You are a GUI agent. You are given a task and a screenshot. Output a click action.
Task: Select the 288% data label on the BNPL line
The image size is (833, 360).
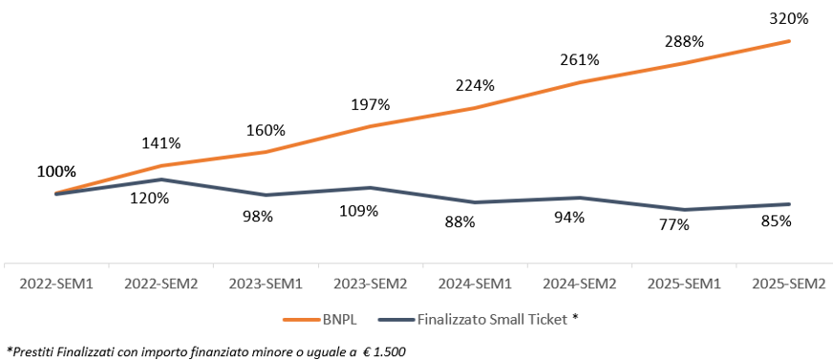[x=684, y=42]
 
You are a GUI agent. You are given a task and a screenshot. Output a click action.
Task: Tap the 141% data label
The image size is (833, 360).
[x=162, y=143]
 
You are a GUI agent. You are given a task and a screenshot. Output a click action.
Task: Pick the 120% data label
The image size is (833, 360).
[x=150, y=199]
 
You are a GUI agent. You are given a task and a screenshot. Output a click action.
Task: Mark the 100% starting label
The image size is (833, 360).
[x=56, y=172]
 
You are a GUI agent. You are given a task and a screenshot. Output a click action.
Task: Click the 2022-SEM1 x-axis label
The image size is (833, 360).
[x=57, y=284]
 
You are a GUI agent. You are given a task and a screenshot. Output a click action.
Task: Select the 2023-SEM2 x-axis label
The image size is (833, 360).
[x=371, y=284]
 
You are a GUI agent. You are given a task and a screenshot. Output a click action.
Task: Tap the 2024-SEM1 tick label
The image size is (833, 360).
[x=476, y=284]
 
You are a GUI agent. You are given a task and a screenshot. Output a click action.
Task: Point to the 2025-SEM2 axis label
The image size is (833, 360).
[x=789, y=284]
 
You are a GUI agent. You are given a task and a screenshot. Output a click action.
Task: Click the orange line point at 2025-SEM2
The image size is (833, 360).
[x=789, y=41]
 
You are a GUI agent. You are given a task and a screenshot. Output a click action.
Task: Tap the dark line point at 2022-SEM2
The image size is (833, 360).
[x=162, y=180]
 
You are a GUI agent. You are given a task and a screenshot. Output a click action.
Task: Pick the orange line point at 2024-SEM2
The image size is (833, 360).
[x=580, y=83]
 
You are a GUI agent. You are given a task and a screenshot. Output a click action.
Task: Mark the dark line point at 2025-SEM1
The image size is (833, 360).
[x=684, y=210]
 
